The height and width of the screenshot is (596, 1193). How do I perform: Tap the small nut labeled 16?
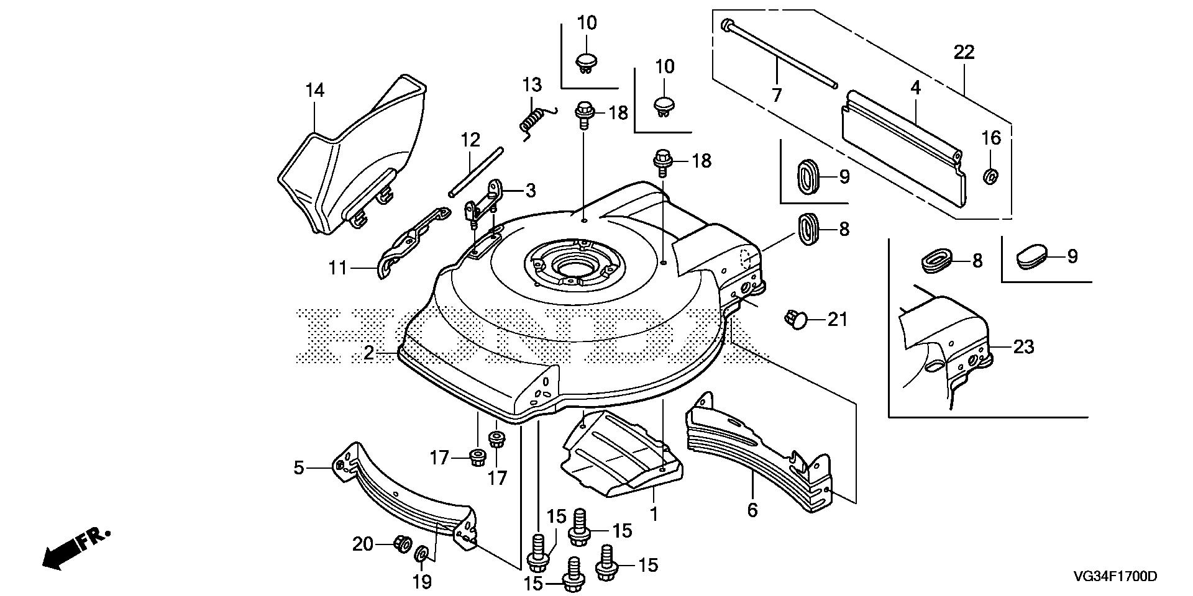(991, 176)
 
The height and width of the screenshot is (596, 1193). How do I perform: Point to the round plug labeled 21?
(795, 320)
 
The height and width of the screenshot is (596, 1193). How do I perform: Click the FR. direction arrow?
(75, 548)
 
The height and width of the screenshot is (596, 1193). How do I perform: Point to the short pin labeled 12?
(477, 171)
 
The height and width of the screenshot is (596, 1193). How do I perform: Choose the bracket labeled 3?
(488, 199)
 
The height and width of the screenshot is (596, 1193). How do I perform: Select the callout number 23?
(1023, 347)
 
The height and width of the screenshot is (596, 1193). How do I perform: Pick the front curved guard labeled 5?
(404, 490)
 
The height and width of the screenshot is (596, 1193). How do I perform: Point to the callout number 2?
(369, 353)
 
